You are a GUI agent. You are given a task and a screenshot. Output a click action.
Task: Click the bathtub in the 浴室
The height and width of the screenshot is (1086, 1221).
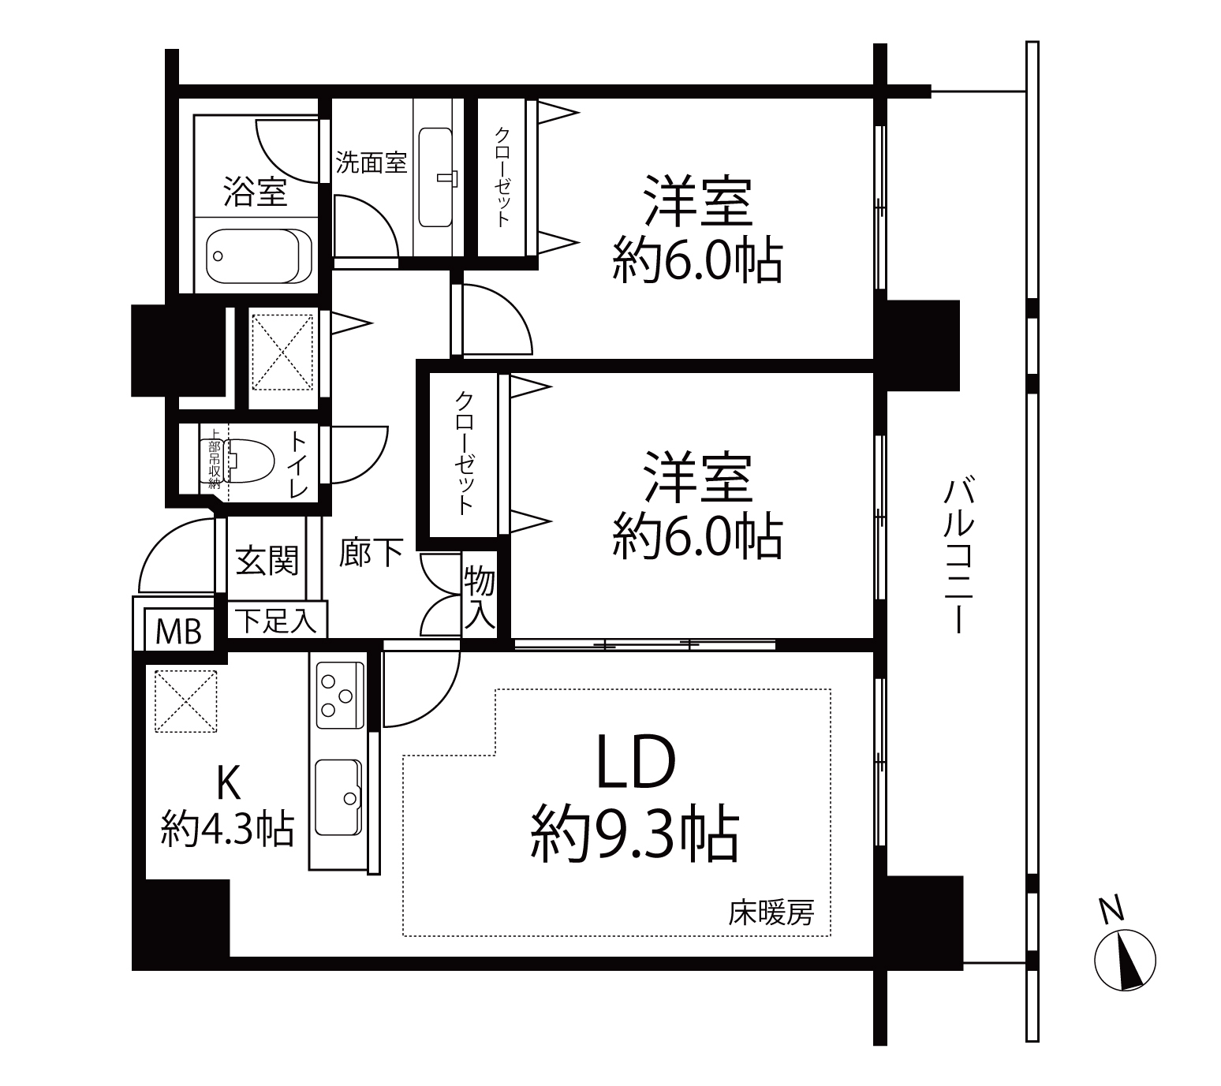[260, 256]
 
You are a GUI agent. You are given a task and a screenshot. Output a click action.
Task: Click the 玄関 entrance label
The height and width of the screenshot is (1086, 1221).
[267, 561]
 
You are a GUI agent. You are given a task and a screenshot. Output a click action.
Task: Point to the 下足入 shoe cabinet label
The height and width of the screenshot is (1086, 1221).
[276, 620]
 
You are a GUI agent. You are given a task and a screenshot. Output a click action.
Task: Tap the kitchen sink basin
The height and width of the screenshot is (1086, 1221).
[338, 797]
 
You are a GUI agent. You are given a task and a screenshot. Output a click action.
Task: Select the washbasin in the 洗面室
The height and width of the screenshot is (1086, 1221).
[435, 177]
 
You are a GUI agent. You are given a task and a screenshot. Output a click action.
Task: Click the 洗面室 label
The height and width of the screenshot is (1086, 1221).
[372, 162]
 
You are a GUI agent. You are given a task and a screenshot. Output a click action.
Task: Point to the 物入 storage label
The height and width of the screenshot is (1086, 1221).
[480, 599]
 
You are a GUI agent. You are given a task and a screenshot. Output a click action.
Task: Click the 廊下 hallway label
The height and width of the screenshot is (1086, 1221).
[371, 553]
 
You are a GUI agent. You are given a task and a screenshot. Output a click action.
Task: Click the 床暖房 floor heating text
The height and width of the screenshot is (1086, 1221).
[771, 912]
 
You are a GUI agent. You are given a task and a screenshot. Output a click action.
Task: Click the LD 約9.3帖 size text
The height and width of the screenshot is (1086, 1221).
[635, 796]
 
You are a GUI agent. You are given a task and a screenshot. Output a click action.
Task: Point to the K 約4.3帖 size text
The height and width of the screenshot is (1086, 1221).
[228, 806]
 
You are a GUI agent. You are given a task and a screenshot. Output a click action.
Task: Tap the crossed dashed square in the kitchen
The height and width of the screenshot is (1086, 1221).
[185, 701]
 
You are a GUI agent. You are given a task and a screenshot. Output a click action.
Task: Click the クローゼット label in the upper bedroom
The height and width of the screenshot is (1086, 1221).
[502, 177]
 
